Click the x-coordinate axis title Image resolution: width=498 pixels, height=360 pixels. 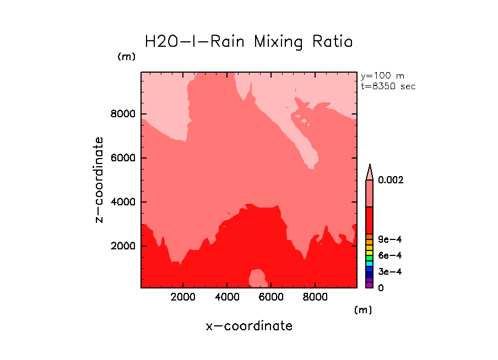pyautogui.click(x=249, y=326)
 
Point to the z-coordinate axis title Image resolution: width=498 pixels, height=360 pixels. pyautogui.click(x=99, y=180)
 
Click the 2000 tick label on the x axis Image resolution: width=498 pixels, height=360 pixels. pyautogui.click(x=183, y=297)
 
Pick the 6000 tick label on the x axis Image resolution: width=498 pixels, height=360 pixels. pyautogui.click(x=271, y=297)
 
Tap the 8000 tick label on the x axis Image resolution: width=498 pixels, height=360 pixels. pyautogui.click(x=315, y=297)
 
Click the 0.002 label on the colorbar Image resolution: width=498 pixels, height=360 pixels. pyautogui.click(x=390, y=180)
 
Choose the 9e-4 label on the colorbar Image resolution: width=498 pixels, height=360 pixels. pyautogui.click(x=389, y=239)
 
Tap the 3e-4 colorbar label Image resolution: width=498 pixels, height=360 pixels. pyautogui.click(x=389, y=272)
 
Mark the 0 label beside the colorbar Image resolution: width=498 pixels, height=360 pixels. pyautogui.click(x=381, y=288)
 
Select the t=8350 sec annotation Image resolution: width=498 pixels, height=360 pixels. pyautogui.click(x=388, y=86)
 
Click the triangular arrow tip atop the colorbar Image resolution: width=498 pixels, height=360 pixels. pyautogui.click(x=370, y=171)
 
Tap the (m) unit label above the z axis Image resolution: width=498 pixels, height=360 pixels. pyautogui.click(x=126, y=57)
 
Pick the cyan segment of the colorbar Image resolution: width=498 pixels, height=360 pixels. pyautogui.click(x=370, y=264)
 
